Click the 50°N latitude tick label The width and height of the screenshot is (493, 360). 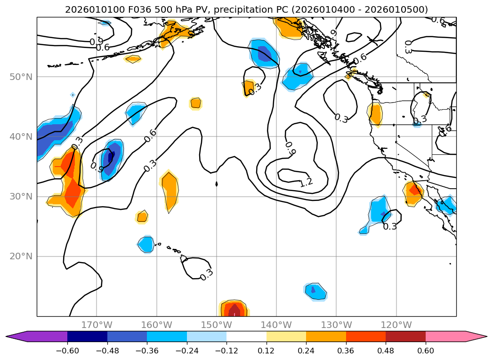pyautogui.click(x=21, y=77)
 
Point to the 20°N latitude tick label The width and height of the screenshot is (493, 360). pyautogui.click(x=21, y=256)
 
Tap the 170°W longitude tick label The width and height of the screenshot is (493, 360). pyautogui.click(x=97, y=325)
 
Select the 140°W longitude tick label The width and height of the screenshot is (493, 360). pyautogui.click(x=276, y=325)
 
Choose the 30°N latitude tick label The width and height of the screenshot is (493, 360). pyautogui.click(x=21, y=197)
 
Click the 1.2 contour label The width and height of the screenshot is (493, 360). pyautogui.click(x=306, y=183)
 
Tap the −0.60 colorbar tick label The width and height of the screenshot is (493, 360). pyautogui.click(x=67, y=351)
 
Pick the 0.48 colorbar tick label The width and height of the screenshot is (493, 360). pyautogui.click(x=386, y=351)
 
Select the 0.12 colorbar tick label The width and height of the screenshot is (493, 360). pyautogui.click(x=267, y=351)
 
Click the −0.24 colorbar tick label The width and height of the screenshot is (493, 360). pyautogui.click(x=187, y=351)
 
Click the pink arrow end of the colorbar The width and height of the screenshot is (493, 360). pyautogui.click(x=476, y=336)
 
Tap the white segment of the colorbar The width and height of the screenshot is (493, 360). pyautogui.click(x=246, y=336)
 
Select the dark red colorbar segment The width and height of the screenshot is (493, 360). pyautogui.click(x=405, y=336)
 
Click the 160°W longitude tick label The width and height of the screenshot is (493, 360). pyautogui.click(x=156, y=325)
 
